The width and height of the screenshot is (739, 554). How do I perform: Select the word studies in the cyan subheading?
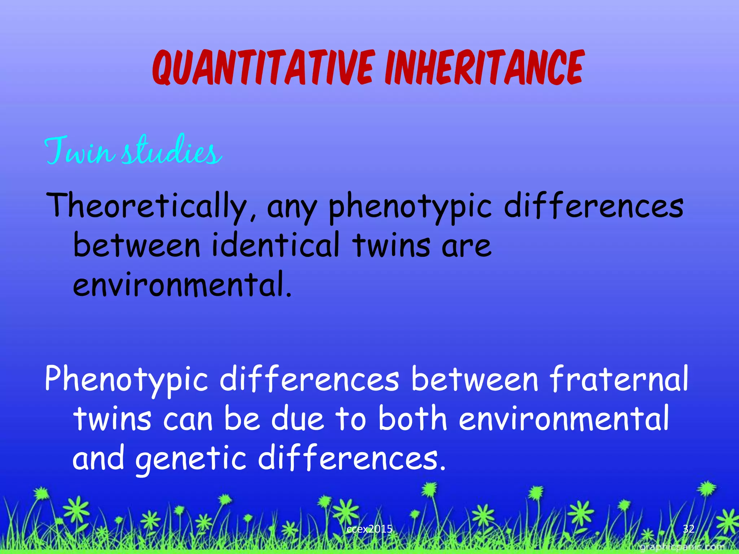tap(171, 151)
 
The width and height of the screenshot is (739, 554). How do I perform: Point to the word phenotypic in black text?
tap(410, 207)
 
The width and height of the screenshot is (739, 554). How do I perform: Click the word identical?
tap(276, 245)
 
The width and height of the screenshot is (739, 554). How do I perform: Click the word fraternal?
tap(619, 379)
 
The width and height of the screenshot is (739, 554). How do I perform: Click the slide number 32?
tap(688, 529)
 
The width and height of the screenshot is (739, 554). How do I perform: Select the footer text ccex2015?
tap(369, 529)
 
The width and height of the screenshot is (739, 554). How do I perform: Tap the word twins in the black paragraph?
tap(392, 245)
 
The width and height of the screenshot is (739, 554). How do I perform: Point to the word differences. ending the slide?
tap(352, 458)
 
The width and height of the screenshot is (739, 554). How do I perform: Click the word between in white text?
tap(475, 379)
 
